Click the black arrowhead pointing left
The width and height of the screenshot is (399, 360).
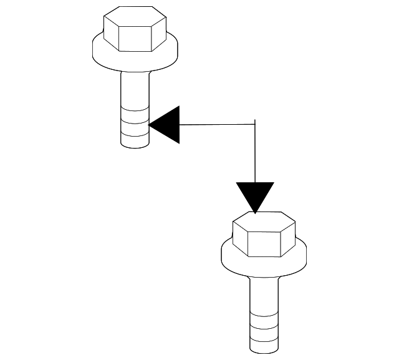[x=166, y=124]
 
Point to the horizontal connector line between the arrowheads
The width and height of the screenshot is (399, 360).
[x=218, y=124]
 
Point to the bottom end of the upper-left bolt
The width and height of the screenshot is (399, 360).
[x=135, y=145]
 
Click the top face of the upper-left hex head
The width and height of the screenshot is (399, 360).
[x=135, y=15]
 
